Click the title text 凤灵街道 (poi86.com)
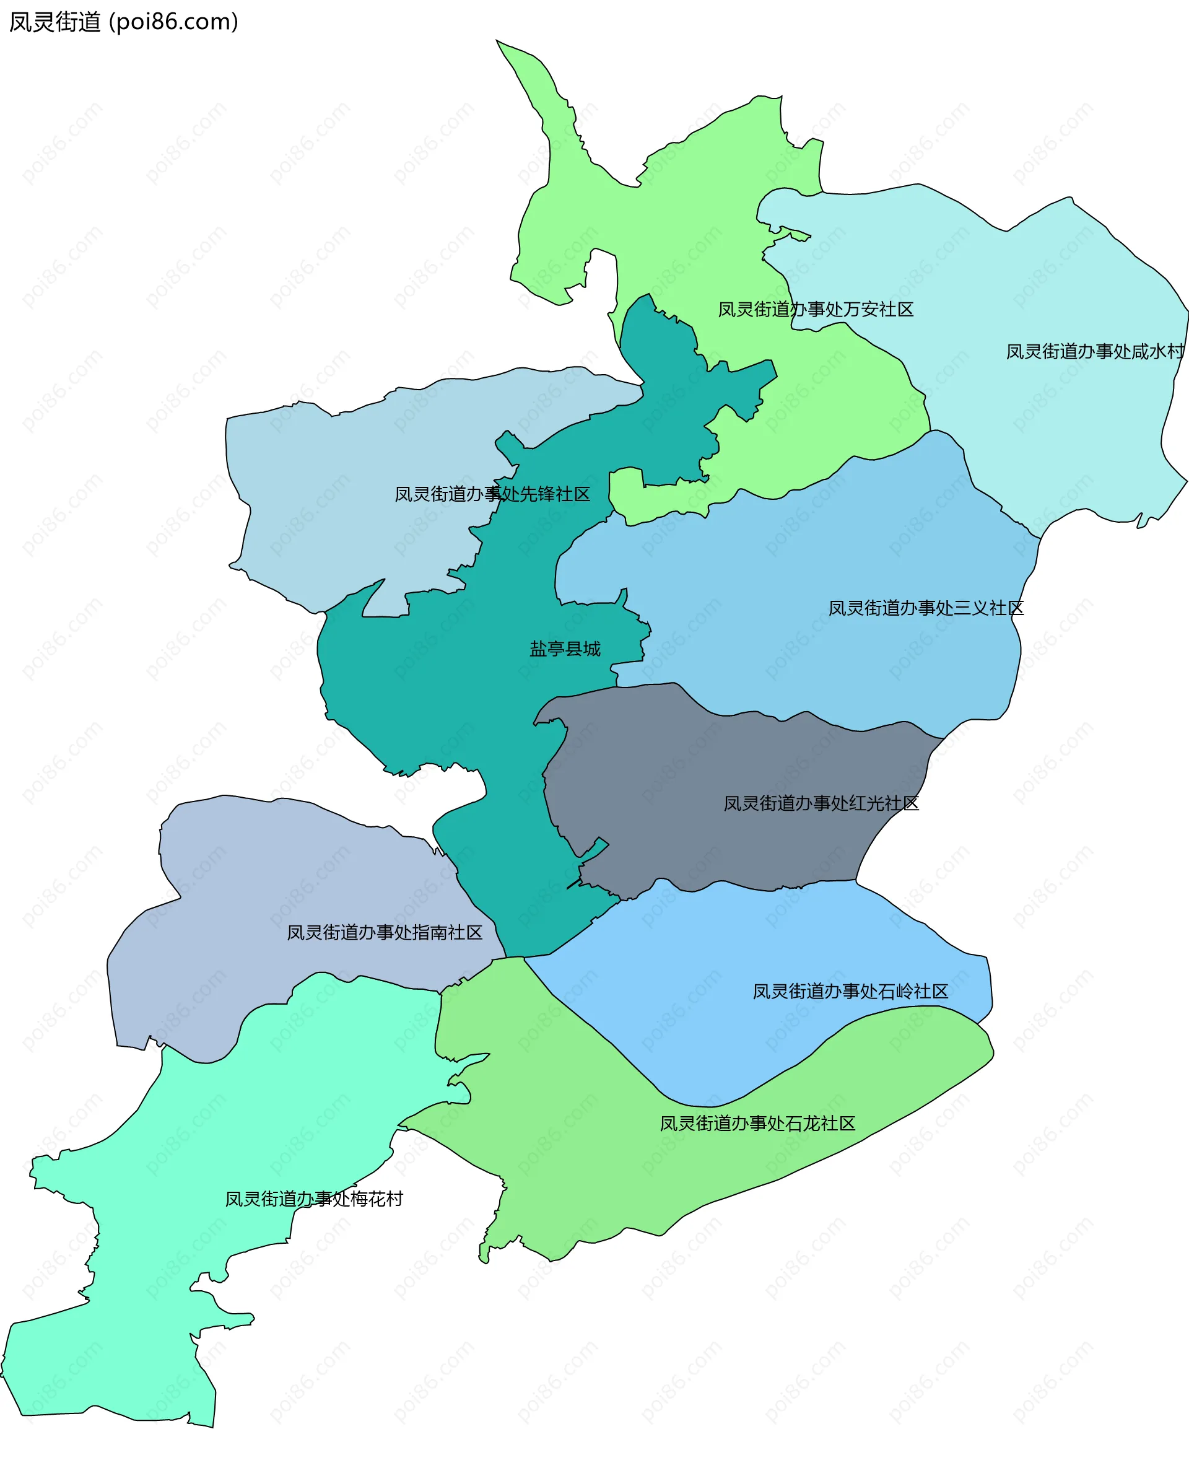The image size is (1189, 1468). click(x=123, y=22)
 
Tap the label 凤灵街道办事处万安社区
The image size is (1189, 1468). click(x=815, y=310)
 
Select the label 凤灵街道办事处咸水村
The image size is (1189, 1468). click(x=1094, y=352)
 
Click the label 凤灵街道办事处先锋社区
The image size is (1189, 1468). click(x=492, y=494)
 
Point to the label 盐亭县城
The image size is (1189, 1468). click(x=564, y=649)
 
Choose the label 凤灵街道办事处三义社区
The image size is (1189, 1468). click(x=925, y=608)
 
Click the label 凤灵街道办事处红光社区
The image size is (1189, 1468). click(x=821, y=803)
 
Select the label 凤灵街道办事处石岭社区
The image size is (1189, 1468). click(x=850, y=992)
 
